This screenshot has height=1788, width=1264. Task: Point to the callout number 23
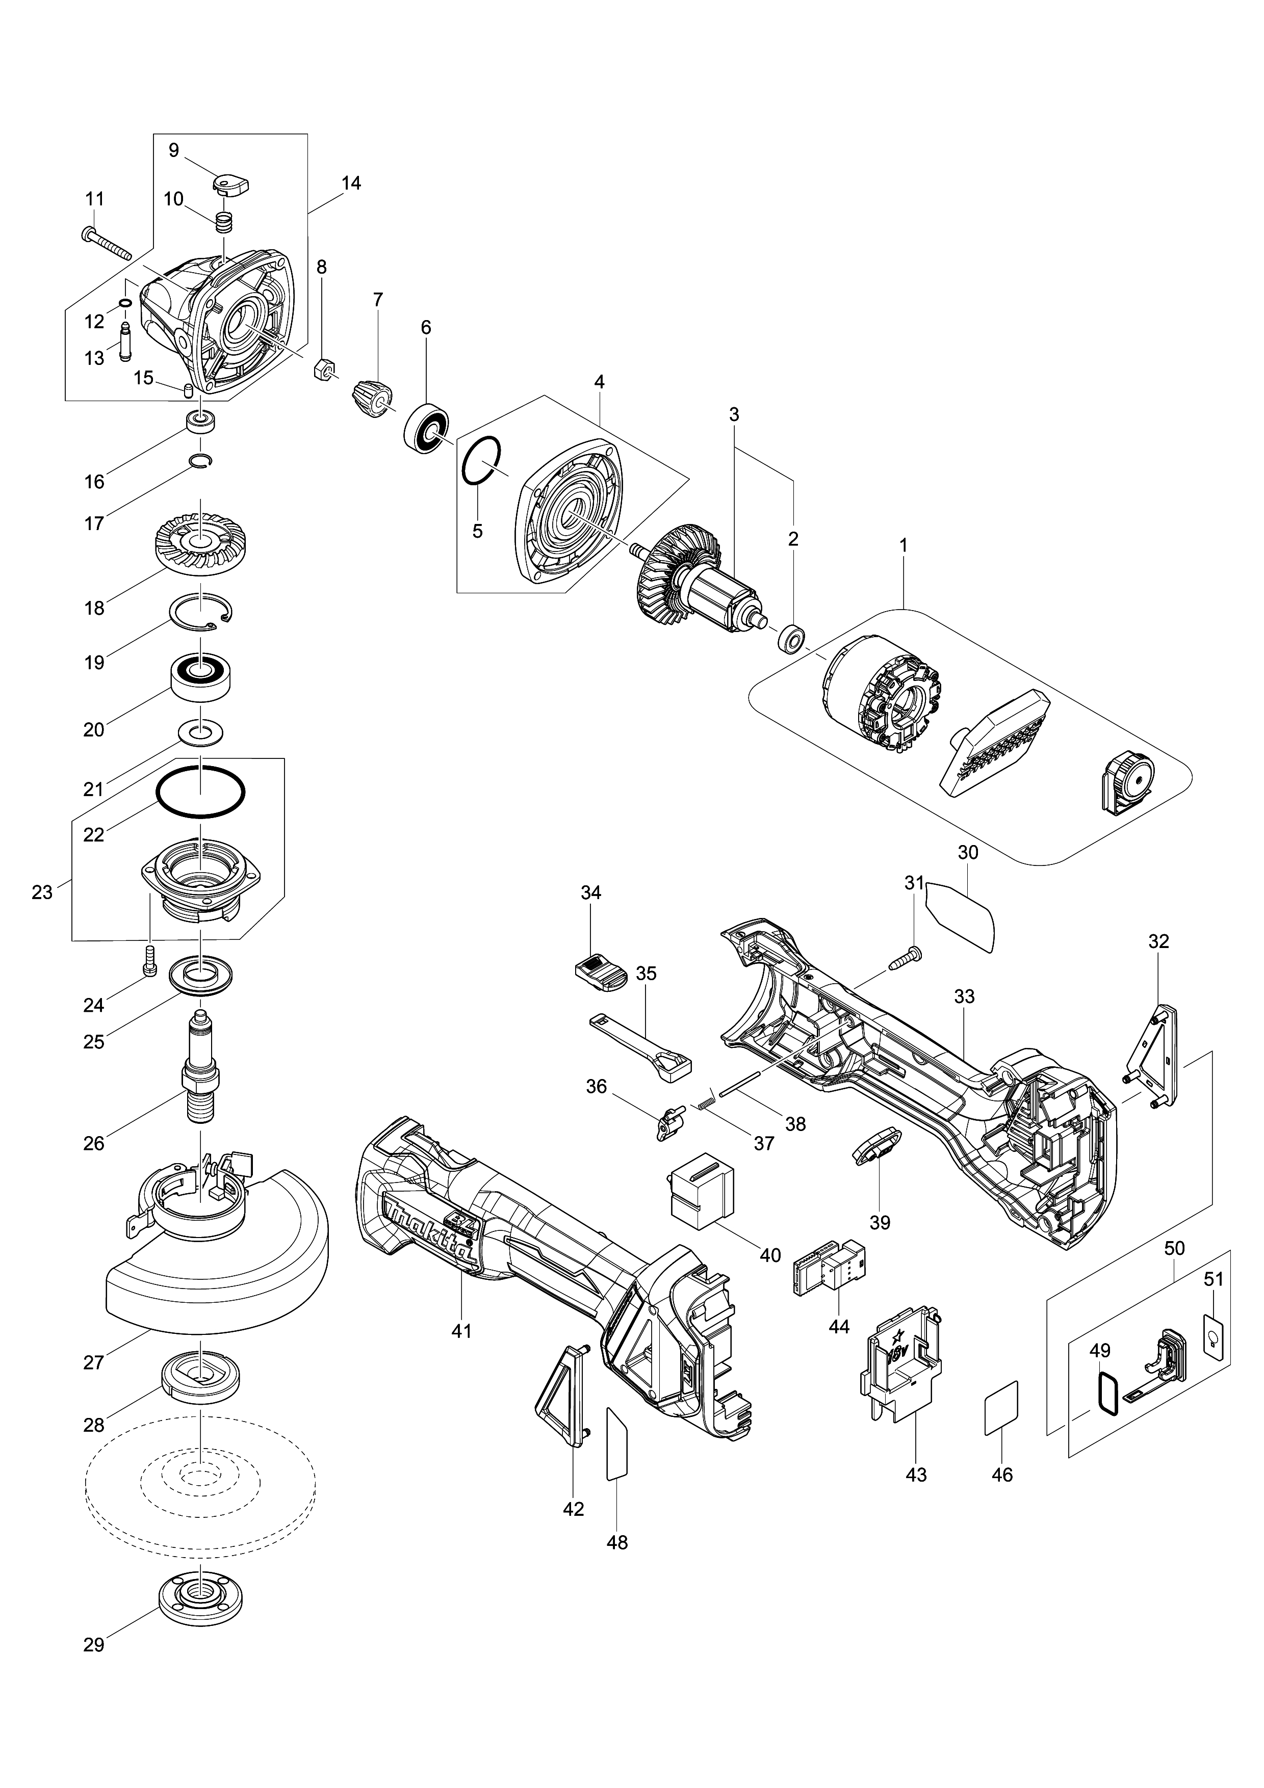click(41, 892)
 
